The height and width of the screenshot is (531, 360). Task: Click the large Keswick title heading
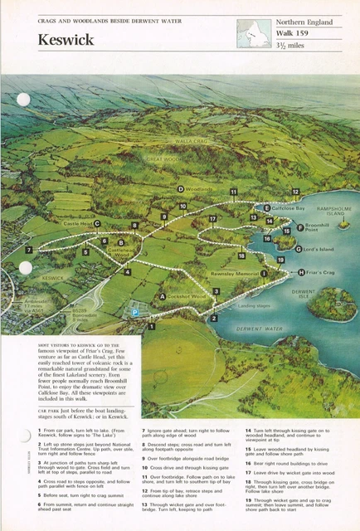(x=66, y=39)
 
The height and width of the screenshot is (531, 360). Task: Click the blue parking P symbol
(x=135, y=312)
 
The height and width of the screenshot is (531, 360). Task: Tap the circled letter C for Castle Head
(x=97, y=223)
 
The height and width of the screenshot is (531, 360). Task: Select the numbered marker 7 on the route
(x=29, y=249)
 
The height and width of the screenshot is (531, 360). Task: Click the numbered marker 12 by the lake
(x=295, y=192)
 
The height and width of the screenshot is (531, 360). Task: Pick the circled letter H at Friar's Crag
(x=301, y=272)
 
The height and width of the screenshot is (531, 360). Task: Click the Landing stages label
(x=255, y=304)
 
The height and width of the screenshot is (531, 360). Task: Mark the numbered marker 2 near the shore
(x=213, y=318)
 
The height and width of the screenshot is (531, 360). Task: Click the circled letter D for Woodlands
(x=180, y=189)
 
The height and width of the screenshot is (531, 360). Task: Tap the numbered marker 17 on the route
(x=212, y=219)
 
